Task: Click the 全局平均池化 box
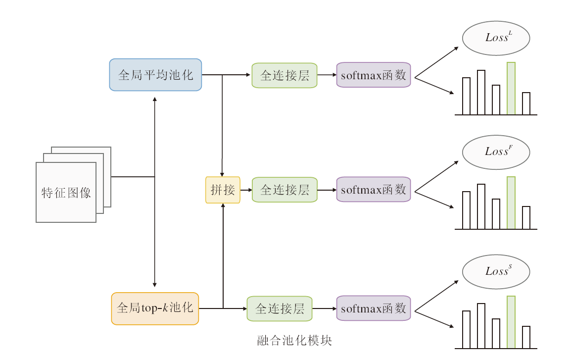tap(155, 75)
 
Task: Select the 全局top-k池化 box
tap(155, 309)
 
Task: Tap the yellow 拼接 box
tap(223, 190)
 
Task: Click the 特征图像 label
tap(66, 192)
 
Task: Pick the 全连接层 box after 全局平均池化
tap(285, 75)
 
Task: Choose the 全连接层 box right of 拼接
tap(285, 190)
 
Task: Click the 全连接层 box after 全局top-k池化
tap(280, 309)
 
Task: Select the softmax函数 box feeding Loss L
tap(374, 75)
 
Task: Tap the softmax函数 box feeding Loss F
tap(374, 190)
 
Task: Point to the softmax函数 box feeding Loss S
tap(374, 309)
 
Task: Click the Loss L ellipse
tap(496, 38)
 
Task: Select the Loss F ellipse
tap(496, 152)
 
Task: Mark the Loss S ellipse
tap(496, 271)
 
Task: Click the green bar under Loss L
tap(511, 89)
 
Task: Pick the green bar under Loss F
tap(511, 203)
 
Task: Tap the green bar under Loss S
tap(511, 322)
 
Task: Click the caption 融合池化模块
tap(294, 341)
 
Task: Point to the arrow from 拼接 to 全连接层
tap(246, 190)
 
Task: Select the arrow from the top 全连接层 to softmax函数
tap(327, 75)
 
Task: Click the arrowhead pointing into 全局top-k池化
tap(155, 285)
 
